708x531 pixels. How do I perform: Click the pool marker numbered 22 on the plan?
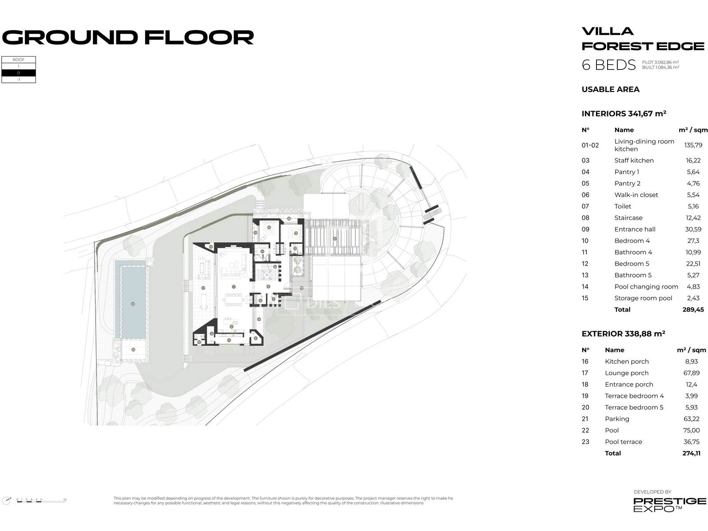pyautogui.click(x=133, y=304)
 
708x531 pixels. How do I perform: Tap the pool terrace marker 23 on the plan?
pyautogui.click(x=133, y=350)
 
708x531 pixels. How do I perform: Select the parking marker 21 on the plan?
pyautogui.click(x=335, y=239)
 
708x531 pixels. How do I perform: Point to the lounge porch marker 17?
pyautogui.click(x=203, y=288)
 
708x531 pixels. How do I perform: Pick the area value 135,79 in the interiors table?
pyautogui.click(x=693, y=145)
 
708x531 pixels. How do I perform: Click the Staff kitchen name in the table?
pyautogui.click(x=634, y=161)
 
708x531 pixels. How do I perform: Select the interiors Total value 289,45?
pyautogui.click(x=693, y=310)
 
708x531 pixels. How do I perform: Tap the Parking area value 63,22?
pyautogui.click(x=691, y=419)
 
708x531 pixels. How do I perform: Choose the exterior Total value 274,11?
pyautogui.click(x=691, y=454)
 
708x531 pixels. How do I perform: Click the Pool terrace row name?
pyautogui.click(x=623, y=442)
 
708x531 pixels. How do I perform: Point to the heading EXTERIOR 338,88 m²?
pyautogui.click(x=623, y=334)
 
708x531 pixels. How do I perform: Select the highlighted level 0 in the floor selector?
pyautogui.click(x=19, y=73)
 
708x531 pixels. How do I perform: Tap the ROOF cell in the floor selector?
pyautogui.click(x=19, y=60)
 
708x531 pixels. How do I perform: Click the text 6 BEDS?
pyautogui.click(x=608, y=65)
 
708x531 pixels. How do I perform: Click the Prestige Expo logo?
pyautogui.click(x=670, y=504)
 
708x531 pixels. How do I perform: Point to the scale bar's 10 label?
pyautogui.click(x=65, y=500)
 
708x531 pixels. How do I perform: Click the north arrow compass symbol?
pyautogui.click(x=7, y=500)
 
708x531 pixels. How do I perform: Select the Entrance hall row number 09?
pyautogui.click(x=585, y=229)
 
